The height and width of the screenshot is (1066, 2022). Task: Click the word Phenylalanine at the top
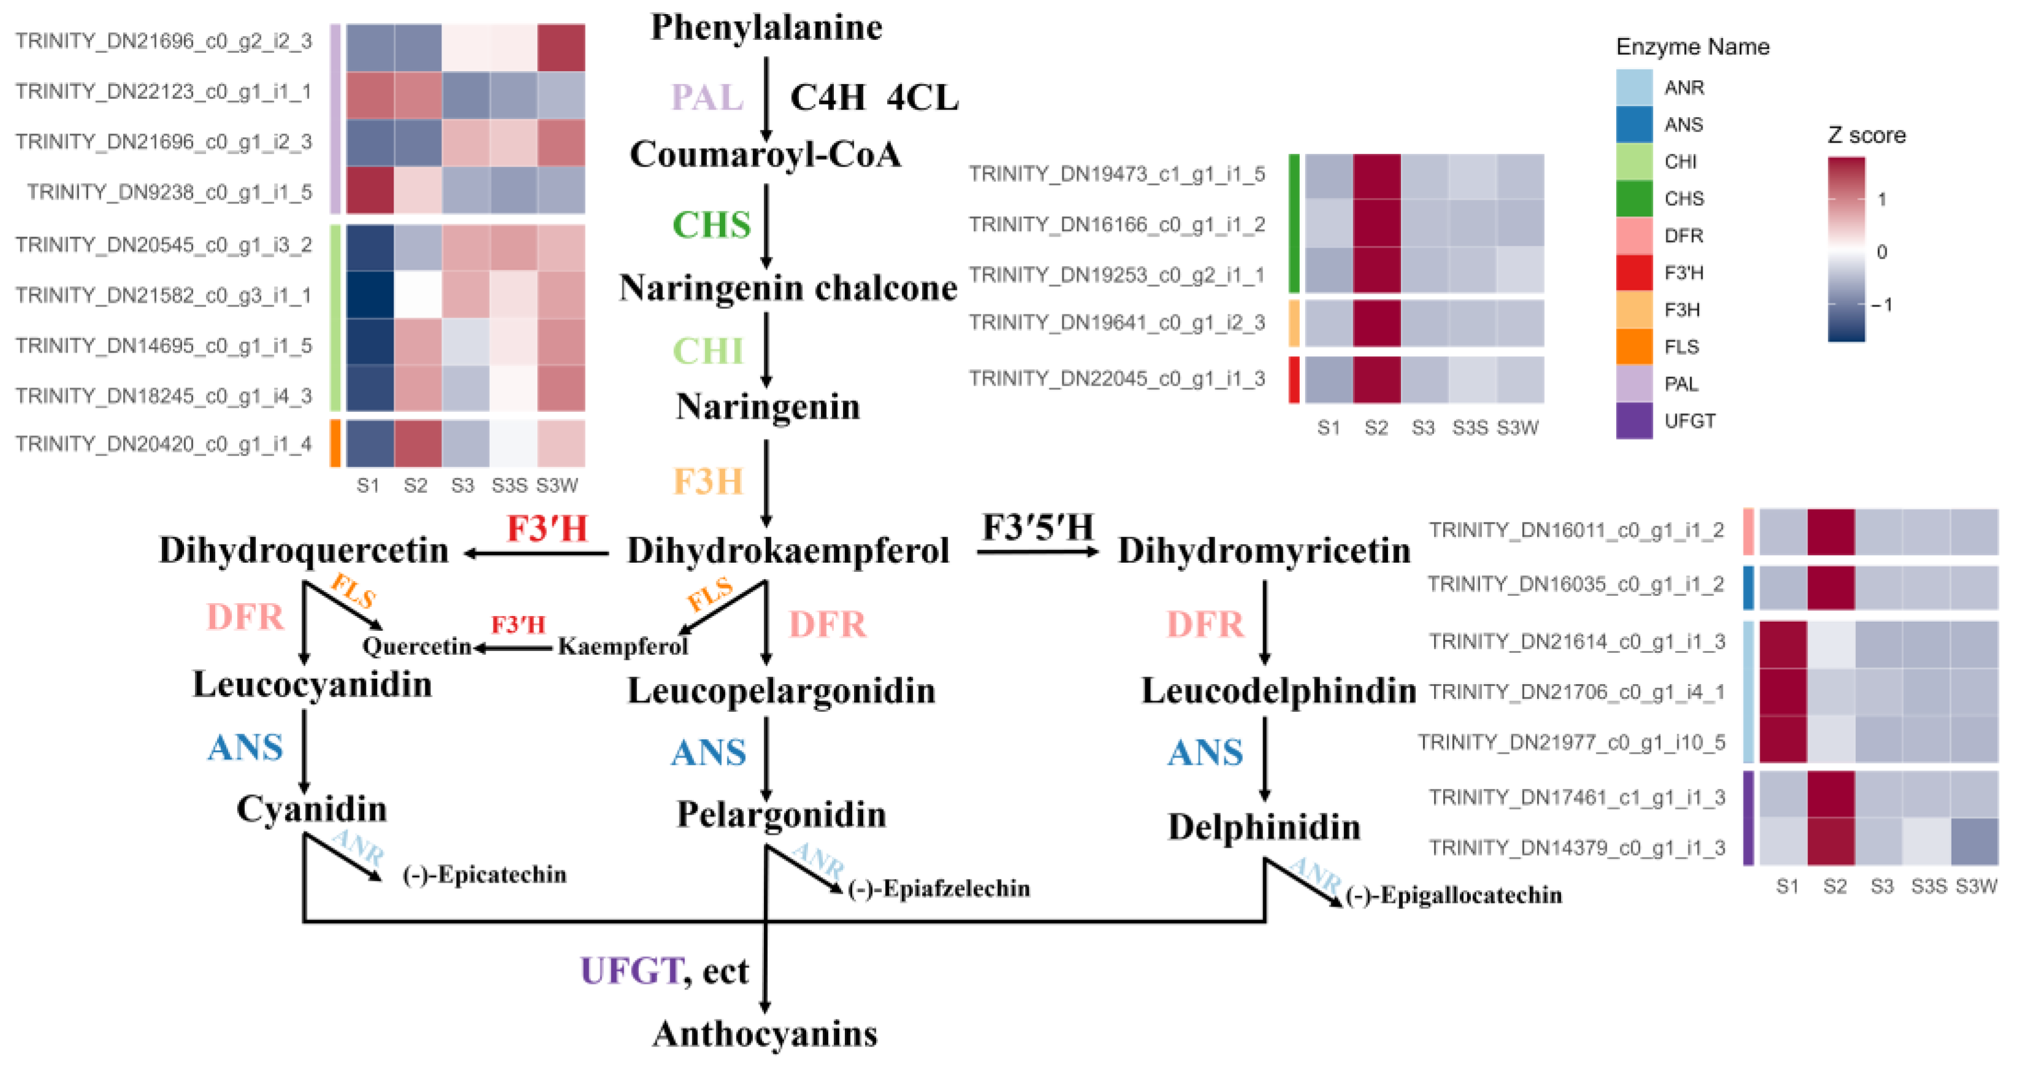(x=766, y=28)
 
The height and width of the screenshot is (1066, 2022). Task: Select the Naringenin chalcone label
(x=787, y=288)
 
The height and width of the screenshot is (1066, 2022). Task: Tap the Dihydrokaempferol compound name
(x=787, y=550)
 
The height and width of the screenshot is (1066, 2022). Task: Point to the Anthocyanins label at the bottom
(x=765, y=1034)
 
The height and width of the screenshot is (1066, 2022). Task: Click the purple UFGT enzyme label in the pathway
(x=630, y=971)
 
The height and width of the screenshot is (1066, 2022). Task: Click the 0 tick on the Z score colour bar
(x=1881, y=252)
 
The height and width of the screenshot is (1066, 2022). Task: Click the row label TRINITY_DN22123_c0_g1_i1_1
(x=163, y=92)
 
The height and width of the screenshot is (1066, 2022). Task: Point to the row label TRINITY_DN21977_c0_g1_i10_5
(x=1571, y=742)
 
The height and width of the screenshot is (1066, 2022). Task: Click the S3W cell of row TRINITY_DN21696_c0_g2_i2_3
(x=560, y=47)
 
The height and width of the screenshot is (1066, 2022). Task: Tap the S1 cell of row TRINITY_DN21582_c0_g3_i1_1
(x=370, y=294)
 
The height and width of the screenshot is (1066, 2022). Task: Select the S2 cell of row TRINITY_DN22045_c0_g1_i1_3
(x=1376, y=379)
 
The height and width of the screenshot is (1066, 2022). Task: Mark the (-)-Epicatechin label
(x=484, y=875)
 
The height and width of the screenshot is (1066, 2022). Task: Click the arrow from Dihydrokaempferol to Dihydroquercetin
(x=537, y=554)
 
